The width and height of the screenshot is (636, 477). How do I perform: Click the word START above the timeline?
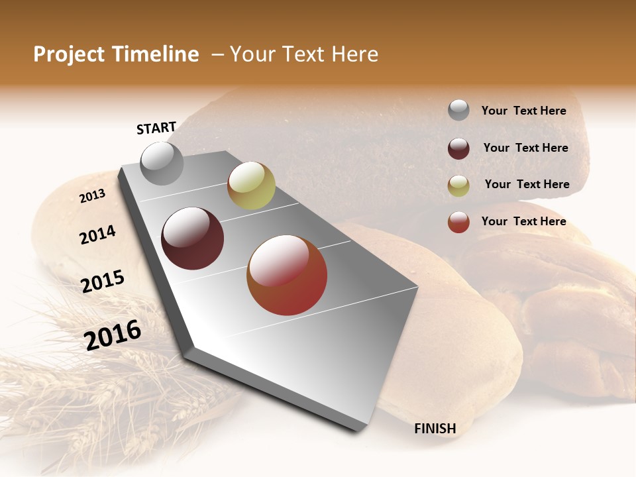click(156, 128)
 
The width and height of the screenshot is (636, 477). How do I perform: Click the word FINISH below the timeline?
click(435, 429)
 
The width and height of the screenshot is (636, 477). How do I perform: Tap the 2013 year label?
click(93, 196)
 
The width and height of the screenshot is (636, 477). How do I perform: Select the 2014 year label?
click(98, 235)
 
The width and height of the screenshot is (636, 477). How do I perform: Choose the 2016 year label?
click(113, 335)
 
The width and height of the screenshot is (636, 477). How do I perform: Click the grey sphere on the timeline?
click(162, 163)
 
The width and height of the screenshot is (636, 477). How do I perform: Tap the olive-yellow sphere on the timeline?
click(251, 185)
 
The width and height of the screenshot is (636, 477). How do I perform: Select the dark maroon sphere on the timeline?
click(193, 238)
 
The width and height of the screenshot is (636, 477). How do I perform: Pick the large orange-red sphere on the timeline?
click(287, 275)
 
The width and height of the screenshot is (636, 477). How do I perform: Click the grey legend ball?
click(458, 111)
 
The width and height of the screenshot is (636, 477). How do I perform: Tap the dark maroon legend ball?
click(458, 148)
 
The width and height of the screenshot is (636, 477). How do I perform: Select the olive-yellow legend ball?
click(458, 185)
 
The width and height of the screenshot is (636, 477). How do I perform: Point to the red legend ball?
click(458, 222)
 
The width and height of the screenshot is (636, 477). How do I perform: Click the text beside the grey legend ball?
click(523, 111)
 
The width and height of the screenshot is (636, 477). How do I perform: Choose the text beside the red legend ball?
click(523, 221)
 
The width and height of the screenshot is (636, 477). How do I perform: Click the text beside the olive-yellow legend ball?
click(527, 184)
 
